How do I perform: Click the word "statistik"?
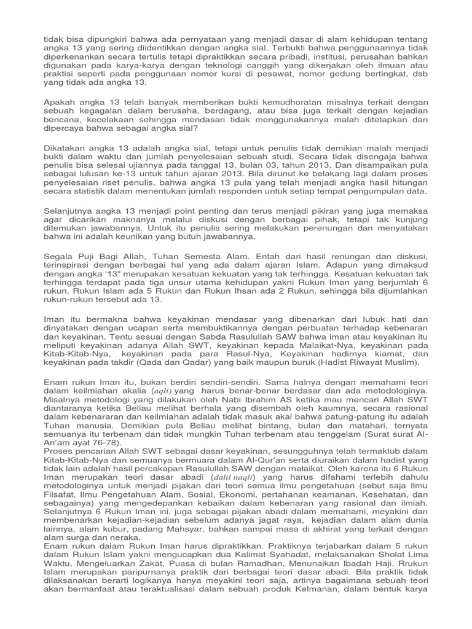coord(92,191)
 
